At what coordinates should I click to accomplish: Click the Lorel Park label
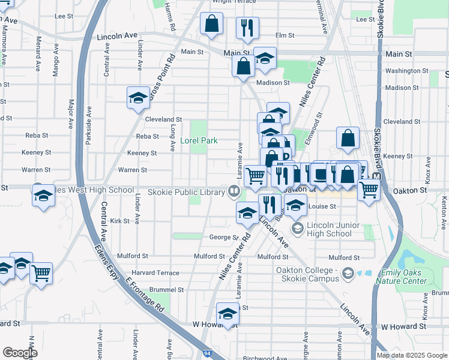tap(199, 141)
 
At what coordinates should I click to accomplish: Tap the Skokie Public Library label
tap(186, 191)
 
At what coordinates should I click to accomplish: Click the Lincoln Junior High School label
tap(328, 229)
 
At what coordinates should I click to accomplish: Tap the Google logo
tap(20, 352)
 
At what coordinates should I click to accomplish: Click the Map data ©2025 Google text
tap(412, 355)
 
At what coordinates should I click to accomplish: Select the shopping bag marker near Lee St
tap(212, 25)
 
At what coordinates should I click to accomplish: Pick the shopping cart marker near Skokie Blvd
tap(369, 189)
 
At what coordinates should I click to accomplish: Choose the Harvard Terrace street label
tap(155, 272)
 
